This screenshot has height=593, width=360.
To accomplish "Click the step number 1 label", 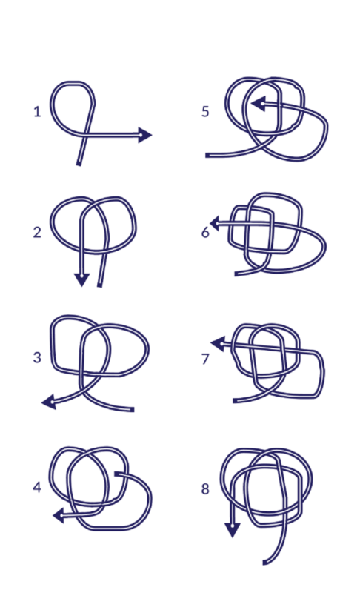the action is tap(37, 112).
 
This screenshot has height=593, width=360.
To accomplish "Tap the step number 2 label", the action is tap(37, 232).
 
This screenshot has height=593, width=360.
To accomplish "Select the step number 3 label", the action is tap(37, 357).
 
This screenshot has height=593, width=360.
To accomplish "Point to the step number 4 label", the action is tap(37, 487).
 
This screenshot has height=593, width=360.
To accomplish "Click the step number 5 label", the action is tap(205, 112).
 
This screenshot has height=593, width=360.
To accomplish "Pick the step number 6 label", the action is tap(205, 232).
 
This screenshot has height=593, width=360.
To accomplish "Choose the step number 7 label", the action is tap(205, 359).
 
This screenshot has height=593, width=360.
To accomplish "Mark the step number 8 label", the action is tap(205, 489).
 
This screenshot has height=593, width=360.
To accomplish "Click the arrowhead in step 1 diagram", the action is tap(144, 135).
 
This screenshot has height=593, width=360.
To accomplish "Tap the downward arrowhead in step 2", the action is tap(81, 279).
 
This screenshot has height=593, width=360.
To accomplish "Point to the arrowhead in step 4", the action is tap(59, 515).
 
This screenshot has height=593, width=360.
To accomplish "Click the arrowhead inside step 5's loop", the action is tap(259, 103).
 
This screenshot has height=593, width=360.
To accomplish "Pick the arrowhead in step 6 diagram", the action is tap(215, 223).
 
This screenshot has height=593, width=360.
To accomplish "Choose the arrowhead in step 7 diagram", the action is tap(218, 344).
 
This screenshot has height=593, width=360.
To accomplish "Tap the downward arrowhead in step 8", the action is tap(233, 529).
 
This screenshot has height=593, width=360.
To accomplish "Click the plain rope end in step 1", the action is tap(79, 164).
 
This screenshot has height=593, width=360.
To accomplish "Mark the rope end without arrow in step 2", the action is tap(100, 285).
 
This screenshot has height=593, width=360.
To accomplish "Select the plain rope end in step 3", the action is tap(132, 410).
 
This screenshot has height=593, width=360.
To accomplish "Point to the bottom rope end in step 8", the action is tap(264, 563).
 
